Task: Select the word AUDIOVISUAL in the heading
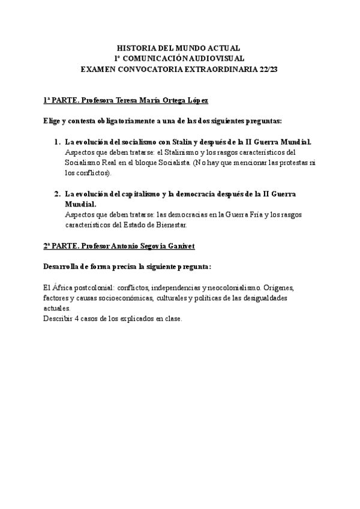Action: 219,58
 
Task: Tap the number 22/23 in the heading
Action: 268,69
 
